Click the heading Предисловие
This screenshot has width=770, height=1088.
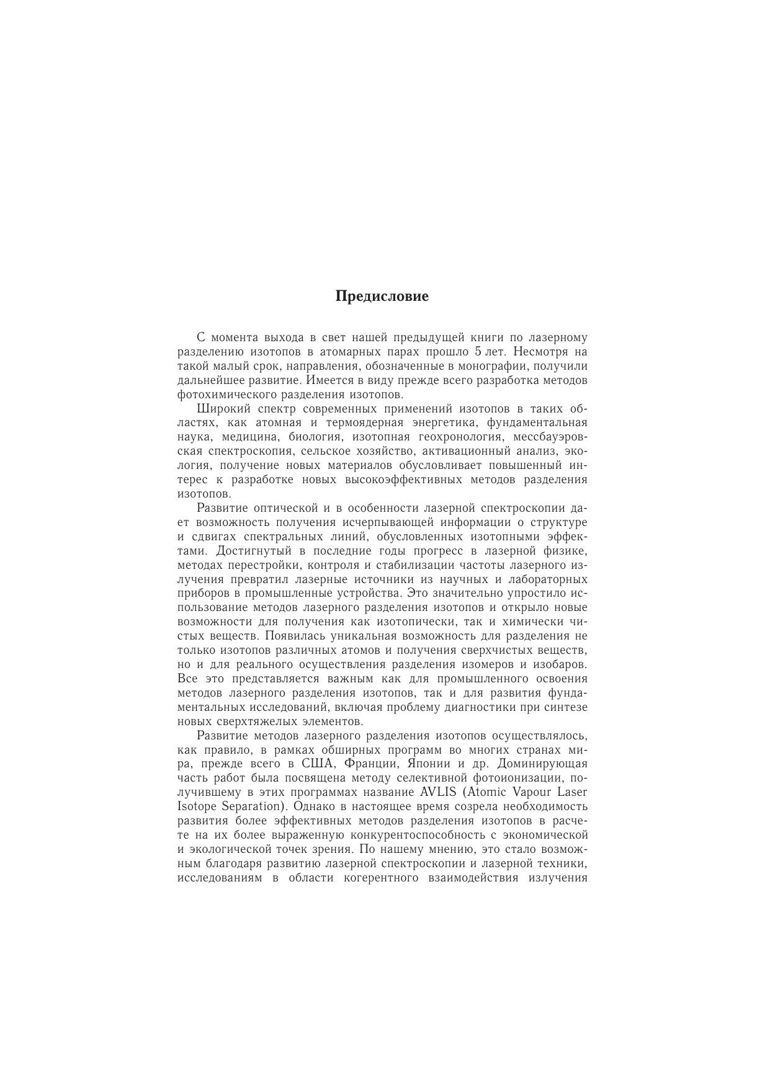click(382, 297)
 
